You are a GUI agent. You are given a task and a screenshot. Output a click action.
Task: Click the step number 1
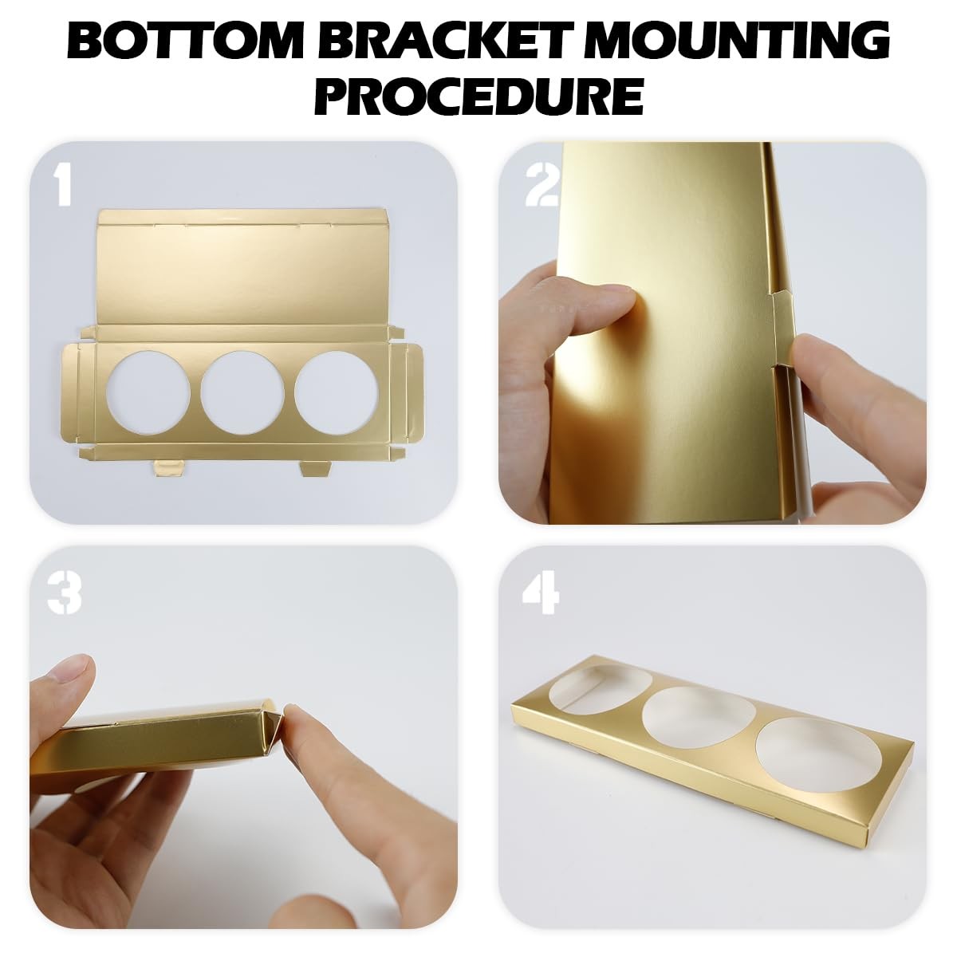click(63, 185)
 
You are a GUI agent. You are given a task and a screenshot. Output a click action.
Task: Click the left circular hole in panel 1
click(148, 392)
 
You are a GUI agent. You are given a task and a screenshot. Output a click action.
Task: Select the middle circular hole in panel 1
click(242, 392)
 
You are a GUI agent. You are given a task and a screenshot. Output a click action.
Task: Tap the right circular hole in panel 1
click(337, 392)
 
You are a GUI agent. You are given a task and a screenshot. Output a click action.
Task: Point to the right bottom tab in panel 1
click(315, 468)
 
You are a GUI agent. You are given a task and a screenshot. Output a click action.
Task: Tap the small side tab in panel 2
click(782, 328)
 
